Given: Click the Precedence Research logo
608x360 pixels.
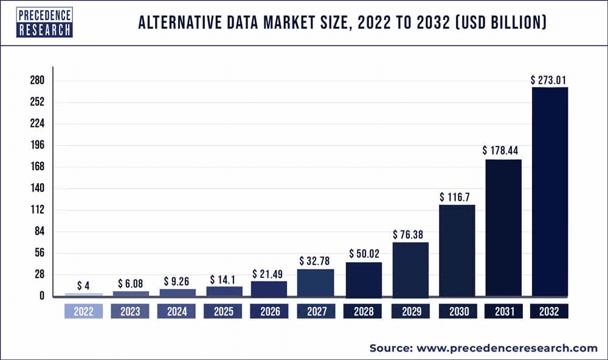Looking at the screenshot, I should tap(44, 22).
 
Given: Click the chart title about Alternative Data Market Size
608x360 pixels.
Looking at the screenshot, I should tap(342, 24).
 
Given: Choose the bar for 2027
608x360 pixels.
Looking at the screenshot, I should tap(316, 282).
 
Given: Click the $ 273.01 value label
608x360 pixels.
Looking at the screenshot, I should tap(550, 80).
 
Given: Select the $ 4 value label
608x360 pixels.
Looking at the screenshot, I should tap(84, 285).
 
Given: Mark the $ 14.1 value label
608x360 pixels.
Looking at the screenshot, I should tap(224, 279).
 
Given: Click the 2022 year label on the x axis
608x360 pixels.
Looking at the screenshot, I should tap(84, 312).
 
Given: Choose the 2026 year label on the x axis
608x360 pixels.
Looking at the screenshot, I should tap(270, 312).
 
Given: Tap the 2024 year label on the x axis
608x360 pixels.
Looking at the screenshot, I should tap(176, 312).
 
